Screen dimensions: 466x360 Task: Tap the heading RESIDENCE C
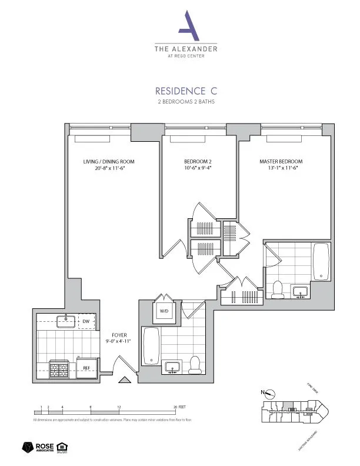185,91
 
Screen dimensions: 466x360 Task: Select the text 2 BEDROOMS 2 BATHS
185,102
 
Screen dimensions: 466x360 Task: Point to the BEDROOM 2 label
194,162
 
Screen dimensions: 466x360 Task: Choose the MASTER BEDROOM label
281,162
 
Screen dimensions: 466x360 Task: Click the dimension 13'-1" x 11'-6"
281,169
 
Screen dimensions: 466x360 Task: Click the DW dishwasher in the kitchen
85,321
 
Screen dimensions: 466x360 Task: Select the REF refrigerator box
86,367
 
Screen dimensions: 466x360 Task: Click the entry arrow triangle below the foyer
124,380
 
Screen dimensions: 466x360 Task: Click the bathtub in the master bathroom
321,262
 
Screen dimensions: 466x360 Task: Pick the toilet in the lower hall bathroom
196,364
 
